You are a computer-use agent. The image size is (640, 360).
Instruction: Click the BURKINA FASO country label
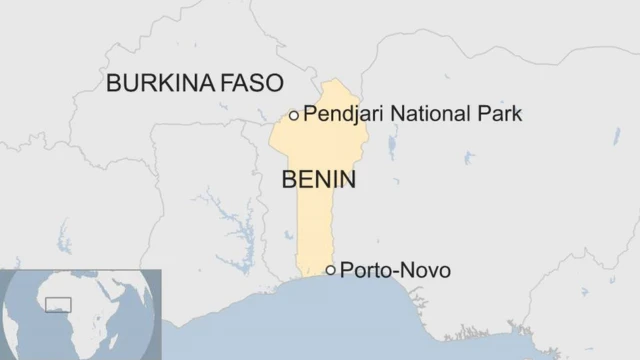pyautogui.click(x=195, y=83)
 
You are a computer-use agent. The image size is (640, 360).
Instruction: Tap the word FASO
pyautogui.click(x=251, y=83)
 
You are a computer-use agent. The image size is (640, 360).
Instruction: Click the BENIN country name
pyautogui.click(x=319, y=180)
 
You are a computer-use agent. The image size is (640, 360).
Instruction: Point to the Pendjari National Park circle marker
pyautogui.click(x=293, y=115)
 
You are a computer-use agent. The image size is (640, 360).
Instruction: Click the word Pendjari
pyautogui.click(x=342, y=115)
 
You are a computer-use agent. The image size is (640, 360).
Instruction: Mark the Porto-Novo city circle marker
pyautogui.click(x=330, y=270)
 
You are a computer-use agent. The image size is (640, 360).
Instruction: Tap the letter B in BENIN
pyautogui.click(x=290, y=180)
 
